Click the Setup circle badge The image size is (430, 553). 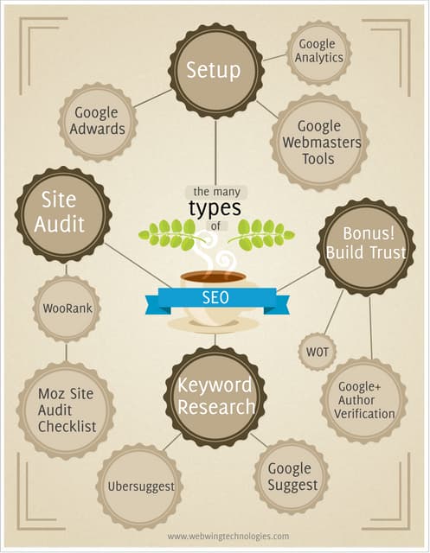(215, 69)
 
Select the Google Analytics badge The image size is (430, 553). (318, 52)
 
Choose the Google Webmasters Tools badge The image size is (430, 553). (318, 142)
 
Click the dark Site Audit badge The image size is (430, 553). (63, 213)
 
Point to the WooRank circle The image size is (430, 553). (66, 308)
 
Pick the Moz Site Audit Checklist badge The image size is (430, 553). (66, 410)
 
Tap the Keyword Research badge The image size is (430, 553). (215, 397)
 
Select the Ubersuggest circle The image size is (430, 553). (141, 486)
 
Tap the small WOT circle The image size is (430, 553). (315, 352)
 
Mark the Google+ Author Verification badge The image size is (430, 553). (364, 400)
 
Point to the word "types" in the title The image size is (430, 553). (215, 210)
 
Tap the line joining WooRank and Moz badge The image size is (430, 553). (66, 352)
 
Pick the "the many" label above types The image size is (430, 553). (214, 191)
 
